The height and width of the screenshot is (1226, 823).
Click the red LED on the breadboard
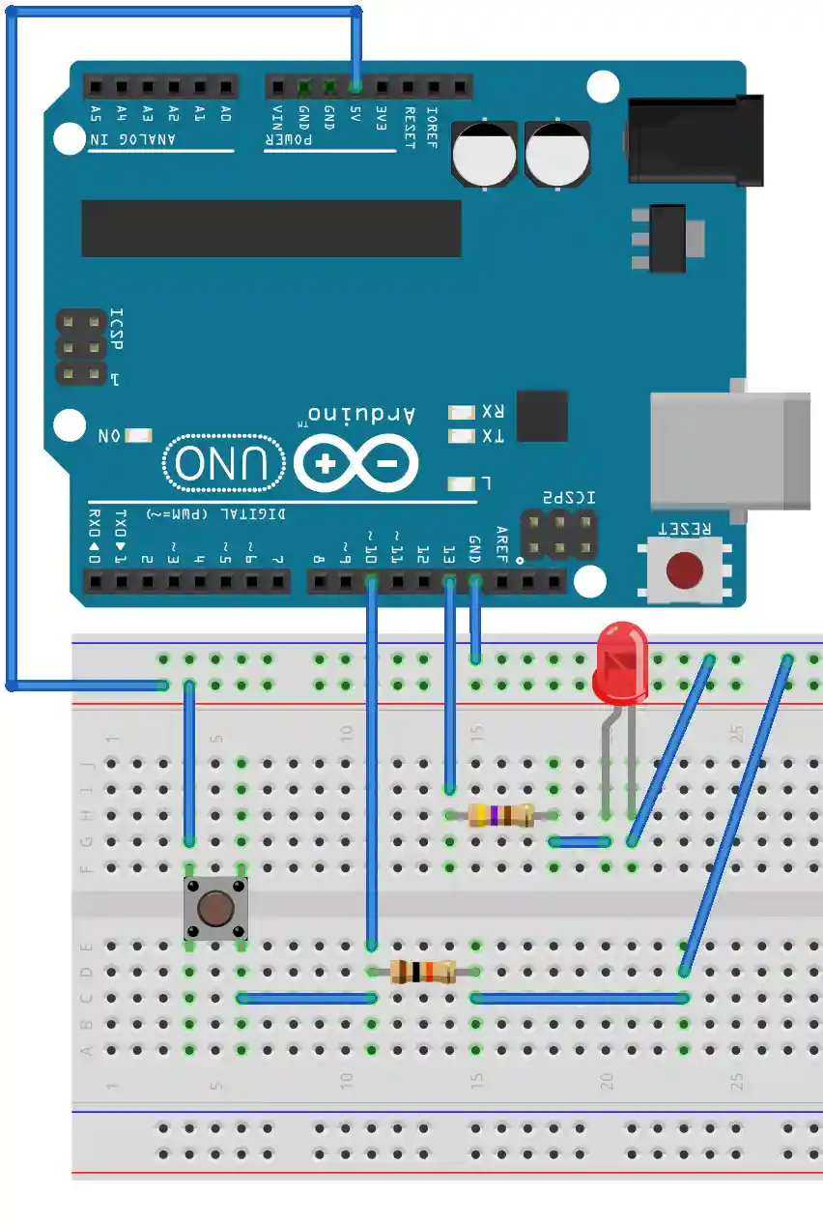click(620, 662)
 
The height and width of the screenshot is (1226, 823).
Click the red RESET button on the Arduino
click(685, 570)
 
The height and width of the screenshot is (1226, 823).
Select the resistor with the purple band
click(500, 815)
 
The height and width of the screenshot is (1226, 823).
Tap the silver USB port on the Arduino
click(729, 451)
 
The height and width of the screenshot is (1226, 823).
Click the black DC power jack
click(695, 139)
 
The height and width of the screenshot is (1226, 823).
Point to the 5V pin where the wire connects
click(356, 87)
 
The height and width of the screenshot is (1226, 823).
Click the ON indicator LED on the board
click(138, 436)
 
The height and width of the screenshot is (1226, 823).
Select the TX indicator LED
click(463, 436)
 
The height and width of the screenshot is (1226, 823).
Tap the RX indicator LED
click(463, 412)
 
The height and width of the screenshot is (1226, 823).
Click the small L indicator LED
click(463, 482)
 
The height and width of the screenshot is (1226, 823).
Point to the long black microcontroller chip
click(271, 228)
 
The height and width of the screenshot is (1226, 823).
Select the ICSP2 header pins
click(558, 535)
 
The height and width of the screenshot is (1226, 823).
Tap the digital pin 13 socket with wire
click(449, 581)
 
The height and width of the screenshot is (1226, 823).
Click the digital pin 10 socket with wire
click(371, 581)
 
